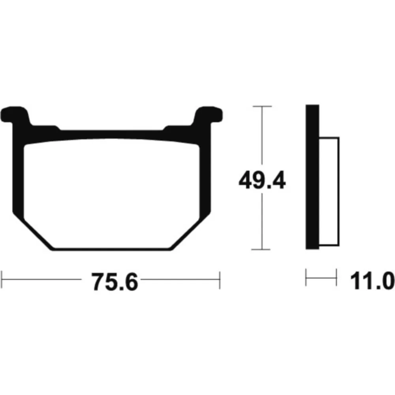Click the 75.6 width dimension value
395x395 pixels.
pyautogui.click(x=115, y=282)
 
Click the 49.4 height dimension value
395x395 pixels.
pyautogui.click(x=262, y=180)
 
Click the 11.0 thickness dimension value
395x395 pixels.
pyautogui.click(x=372, y=280)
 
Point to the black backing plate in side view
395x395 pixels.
pyautogui.click(x=312, y=177)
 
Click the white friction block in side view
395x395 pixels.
pyautogui.click(x=329, y=192)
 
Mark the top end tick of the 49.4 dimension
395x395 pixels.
pyautogui.click(x=262, y=106)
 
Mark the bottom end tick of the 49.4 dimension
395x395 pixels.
pyautogui.click(x=261, y=249)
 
